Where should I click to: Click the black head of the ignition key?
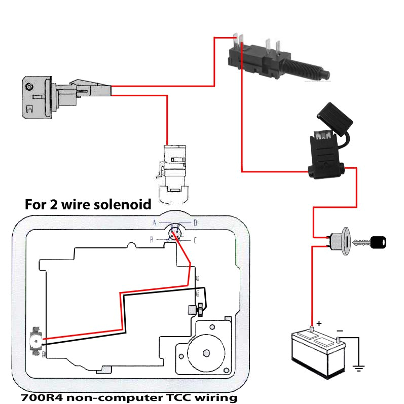coord(378,243)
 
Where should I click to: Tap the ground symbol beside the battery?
coord(359,368)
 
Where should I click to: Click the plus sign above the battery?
coord(319,323)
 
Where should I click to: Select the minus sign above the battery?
coord(339,330)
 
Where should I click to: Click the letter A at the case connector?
coord(156,223)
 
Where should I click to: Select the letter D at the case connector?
coord(195,223)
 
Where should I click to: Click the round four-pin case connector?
coord(175,233)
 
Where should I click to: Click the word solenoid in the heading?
coord(125,204)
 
